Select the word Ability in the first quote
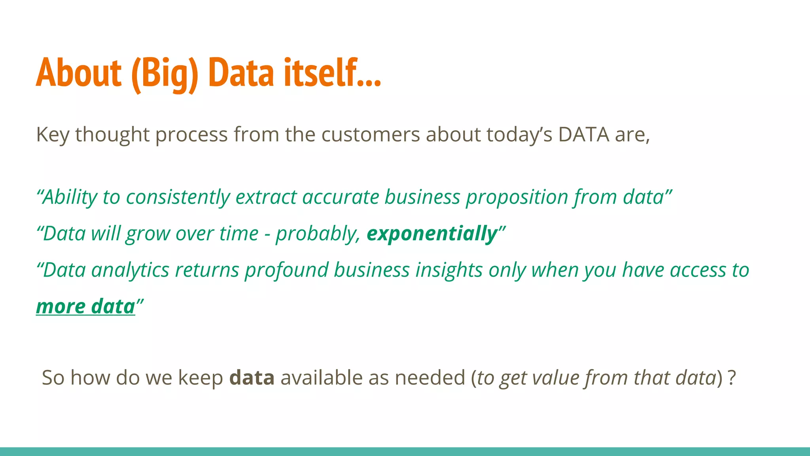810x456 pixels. (x=70, y=197)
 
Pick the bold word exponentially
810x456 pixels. (x=432, y=234)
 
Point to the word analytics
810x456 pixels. (x=130, y=270)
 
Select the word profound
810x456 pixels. (x=286, y=270)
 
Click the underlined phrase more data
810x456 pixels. (x=85, y=307)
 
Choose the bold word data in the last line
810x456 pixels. (x=252, y=378)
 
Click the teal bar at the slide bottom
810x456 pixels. (x=405, y=452)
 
